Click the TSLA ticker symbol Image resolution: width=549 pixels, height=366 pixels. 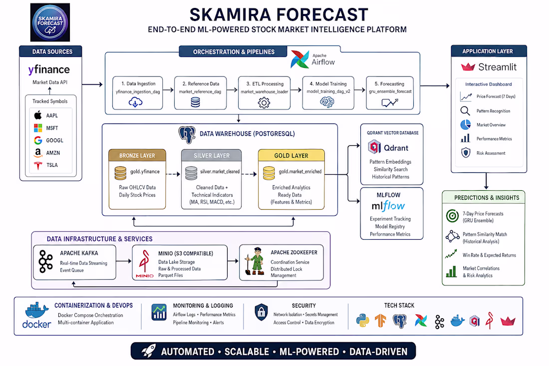click(52, 165)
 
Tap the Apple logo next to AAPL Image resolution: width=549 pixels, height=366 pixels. click(38, 115)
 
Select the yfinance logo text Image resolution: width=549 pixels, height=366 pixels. click(49, 70)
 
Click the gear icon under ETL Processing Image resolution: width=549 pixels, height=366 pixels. click(264, 103)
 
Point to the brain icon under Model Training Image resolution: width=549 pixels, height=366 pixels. click(327, 102)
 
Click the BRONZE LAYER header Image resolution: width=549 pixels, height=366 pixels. click(137, 155)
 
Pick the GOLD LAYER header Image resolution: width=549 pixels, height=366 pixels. click(291, 155)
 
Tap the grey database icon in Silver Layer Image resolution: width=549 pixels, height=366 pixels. click(191, 173)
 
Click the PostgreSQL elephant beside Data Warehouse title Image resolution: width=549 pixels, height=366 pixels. click(187, 135)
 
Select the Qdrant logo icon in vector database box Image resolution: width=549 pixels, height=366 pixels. click(374, 147)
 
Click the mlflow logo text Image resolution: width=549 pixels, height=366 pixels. click(388, 206)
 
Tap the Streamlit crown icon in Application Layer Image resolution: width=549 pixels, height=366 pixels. click(468, 66)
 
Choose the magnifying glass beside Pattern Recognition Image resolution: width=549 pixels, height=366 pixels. click(465, 111)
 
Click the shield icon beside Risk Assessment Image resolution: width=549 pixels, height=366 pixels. click(466, 153)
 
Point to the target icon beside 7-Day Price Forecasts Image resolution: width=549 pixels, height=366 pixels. click(452, 216)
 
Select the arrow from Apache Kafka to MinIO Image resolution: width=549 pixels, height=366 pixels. click(124, 261)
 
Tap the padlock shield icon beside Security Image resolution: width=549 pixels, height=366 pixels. click(261, 312)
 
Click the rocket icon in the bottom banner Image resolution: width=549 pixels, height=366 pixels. click(148, 351)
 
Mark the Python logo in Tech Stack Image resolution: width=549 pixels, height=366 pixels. click(363, 321)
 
